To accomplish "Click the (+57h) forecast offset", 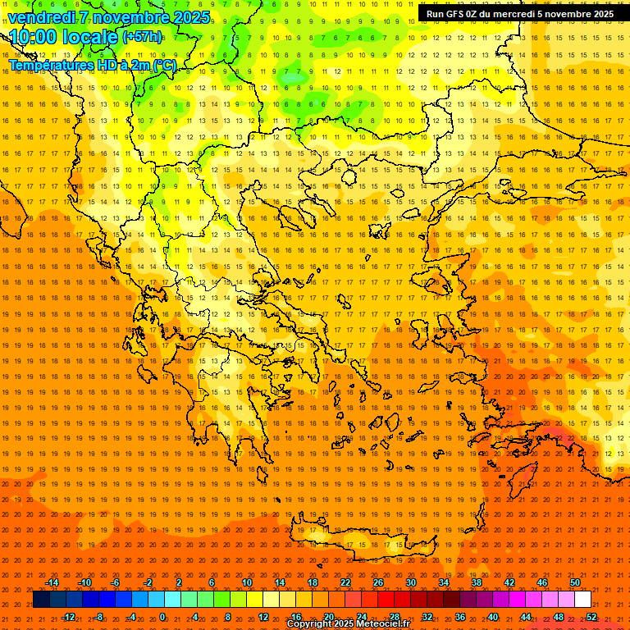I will click(142, 37).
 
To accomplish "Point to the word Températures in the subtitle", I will click(51, 65).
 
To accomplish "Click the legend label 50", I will click(574, 582).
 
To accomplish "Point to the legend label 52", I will click(591, 617).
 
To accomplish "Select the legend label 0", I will click(162, 617).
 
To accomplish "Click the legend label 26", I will click(377, 582).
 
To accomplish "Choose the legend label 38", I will click(476, 582).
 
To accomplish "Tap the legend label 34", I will click(443, 582).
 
